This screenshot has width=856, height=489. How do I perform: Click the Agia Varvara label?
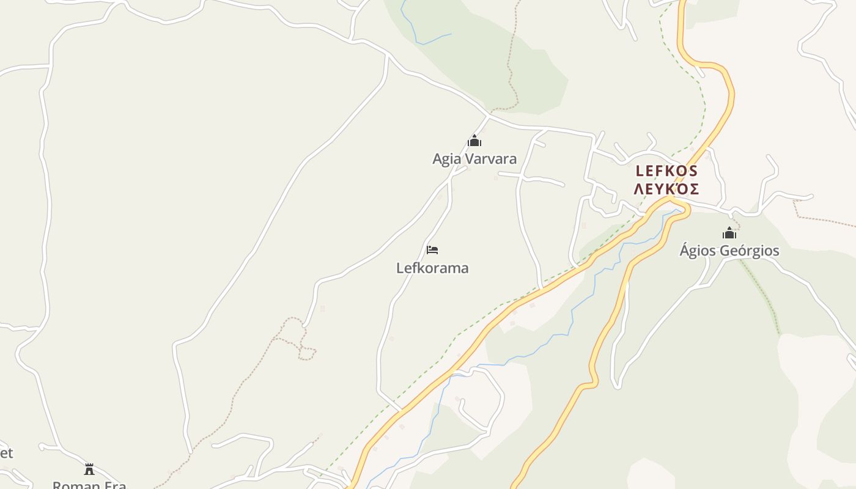[474, 159]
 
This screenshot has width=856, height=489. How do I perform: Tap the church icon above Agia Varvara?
[474, 141]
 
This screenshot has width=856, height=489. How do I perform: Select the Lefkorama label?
[432, 268]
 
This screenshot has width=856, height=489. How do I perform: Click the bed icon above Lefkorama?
[432, 249]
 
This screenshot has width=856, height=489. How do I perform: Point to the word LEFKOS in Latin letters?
[666, 171]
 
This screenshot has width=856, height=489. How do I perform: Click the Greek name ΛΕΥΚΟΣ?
[666, 189]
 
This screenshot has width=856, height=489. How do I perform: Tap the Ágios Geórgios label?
[729, 251]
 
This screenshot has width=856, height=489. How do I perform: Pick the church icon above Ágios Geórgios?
[729, 233]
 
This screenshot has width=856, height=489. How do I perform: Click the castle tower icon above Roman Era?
[89, 469]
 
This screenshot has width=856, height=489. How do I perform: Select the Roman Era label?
[89, 485]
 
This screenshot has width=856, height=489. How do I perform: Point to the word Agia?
[446, 159]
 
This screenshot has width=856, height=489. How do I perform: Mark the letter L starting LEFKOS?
[640, 171]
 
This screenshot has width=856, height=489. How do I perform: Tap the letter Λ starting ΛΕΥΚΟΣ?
[638, 189]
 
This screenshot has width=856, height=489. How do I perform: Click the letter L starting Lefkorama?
[400, 268]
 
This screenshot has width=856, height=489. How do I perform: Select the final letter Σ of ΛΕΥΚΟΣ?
[694, 189]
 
